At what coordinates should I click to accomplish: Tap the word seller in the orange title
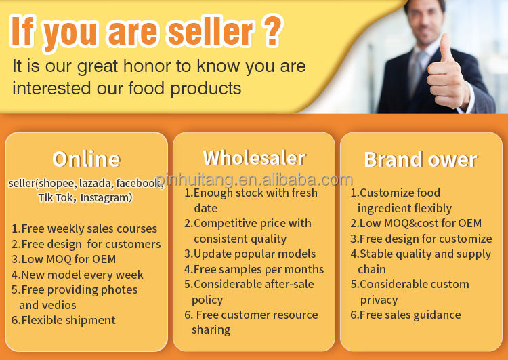[211, 31]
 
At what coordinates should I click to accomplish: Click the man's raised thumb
[446, 47]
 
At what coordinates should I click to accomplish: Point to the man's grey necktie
[416, 74]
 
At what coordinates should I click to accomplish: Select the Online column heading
[86, 159]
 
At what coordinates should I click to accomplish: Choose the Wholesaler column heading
[254, 158]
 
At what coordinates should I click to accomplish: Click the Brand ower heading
[421, 159]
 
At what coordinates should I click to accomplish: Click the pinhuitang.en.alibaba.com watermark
[255, 180]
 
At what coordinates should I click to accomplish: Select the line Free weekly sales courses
[84, 228]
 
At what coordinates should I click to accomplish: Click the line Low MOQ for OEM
[64, 259]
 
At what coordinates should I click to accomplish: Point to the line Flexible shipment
[63, 320]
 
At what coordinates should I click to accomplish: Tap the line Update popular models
[250, 254]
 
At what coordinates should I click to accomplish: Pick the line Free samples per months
[254, 269]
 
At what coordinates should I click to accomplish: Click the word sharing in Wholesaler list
[211, 330]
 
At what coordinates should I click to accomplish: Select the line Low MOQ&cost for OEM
[416, 223]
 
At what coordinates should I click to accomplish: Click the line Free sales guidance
[406, 315]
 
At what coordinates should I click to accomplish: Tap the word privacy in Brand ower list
[379, 300]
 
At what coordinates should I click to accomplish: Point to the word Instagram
[106, 197]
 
